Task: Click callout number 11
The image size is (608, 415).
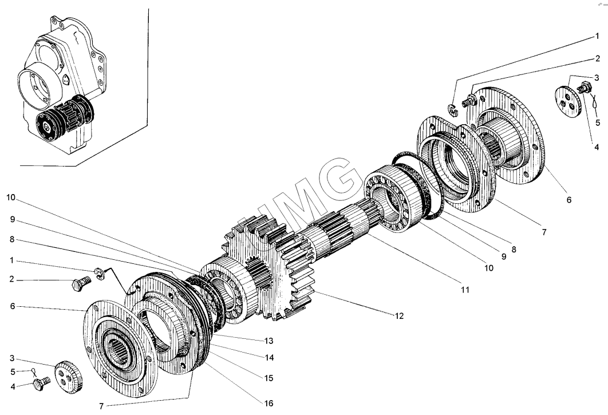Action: point(464,290)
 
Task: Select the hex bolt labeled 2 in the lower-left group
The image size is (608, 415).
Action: point(80,283)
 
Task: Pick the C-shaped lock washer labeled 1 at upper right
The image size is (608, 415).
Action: point(452,108)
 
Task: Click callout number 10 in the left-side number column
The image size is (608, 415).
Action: point(13,197)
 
